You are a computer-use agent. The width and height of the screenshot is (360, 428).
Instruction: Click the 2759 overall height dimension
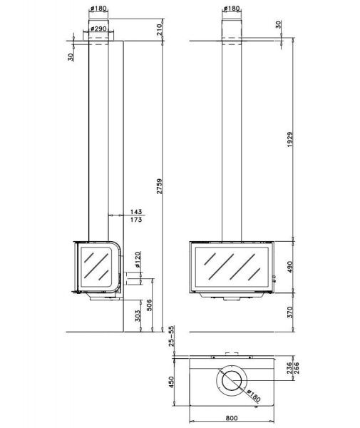click(160, 186)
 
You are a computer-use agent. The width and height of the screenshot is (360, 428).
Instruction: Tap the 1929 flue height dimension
click(290, 140)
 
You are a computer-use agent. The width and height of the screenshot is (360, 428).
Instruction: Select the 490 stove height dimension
click(290, 267)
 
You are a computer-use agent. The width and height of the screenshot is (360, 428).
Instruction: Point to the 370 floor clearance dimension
click(290, 312)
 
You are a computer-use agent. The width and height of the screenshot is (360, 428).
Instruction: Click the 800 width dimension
click(232, 418)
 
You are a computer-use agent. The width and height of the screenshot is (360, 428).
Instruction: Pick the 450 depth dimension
click(171, 382)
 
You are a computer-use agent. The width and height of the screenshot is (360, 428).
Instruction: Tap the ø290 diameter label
click(98, 28)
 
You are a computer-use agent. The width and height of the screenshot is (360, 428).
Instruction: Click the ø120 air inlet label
click(138, 260)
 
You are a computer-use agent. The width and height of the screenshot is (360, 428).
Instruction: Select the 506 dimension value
click(149, 305)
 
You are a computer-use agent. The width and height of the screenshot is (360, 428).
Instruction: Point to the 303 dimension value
click(138, 315)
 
